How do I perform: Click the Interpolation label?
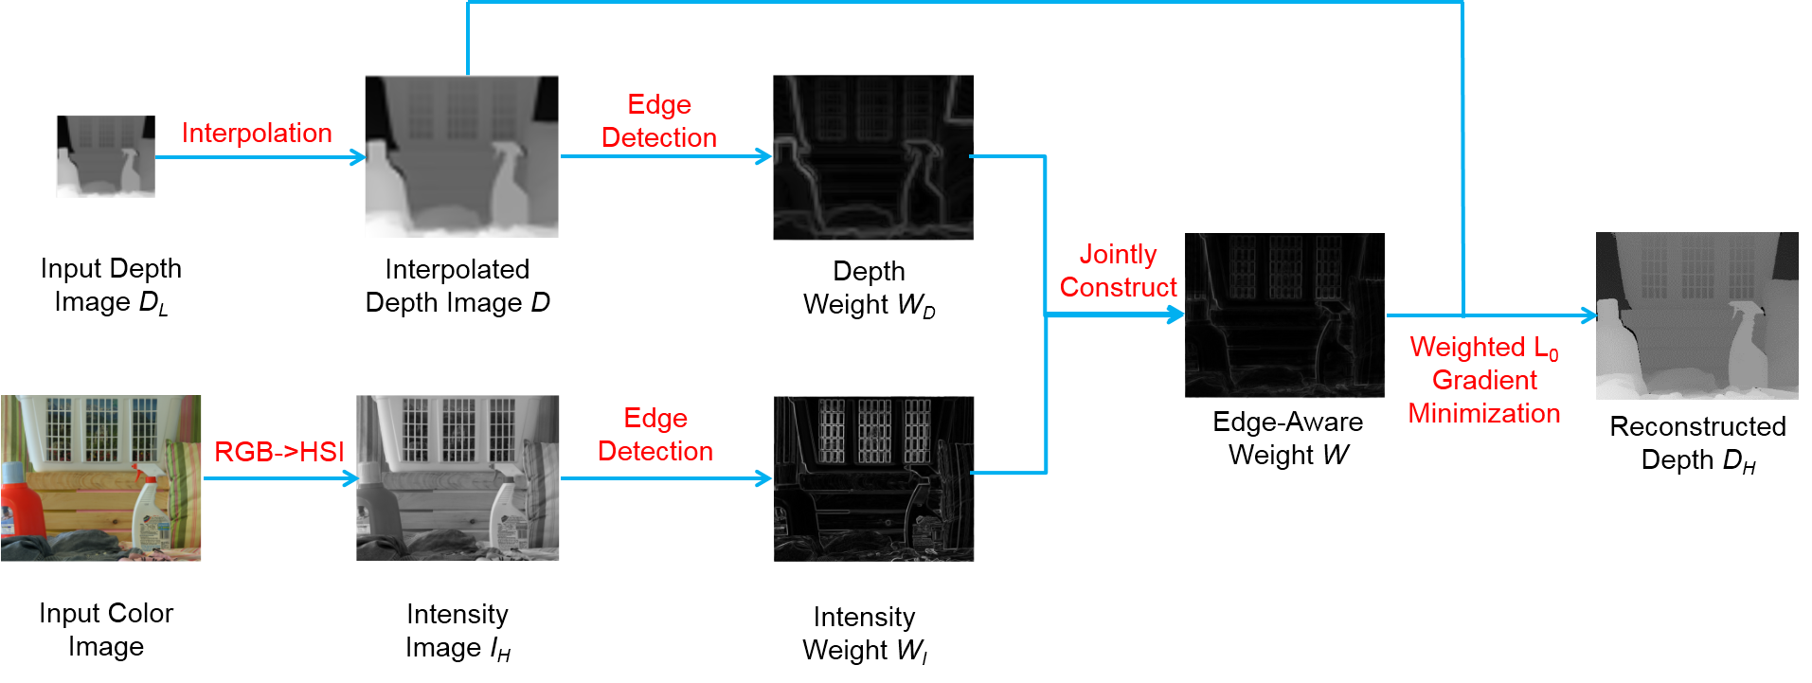257,133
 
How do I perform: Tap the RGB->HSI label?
278,452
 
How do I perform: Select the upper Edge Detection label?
659,120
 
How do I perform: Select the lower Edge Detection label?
655,435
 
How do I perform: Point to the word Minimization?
1483,413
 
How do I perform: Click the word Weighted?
1467,347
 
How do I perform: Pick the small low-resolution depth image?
105,156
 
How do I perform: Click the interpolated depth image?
461,156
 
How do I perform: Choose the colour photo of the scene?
101,478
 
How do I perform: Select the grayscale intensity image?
457,478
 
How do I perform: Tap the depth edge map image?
873,157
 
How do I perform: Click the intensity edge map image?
873,478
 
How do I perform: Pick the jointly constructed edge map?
1284,315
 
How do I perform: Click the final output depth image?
1696,315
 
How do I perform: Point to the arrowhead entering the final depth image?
1589,315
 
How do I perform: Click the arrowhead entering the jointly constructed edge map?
1176,315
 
